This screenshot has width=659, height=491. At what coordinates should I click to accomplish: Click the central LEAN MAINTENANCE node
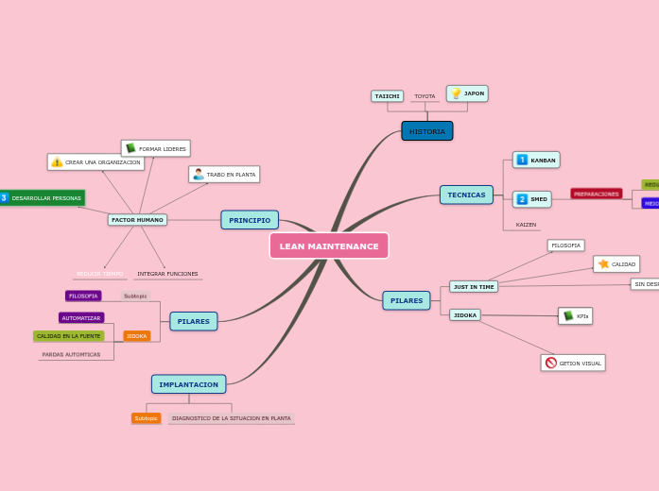tap(329, 245)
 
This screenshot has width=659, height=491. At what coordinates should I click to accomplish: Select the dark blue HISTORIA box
tap(427, 131)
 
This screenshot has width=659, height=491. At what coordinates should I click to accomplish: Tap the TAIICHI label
tap(388, 96)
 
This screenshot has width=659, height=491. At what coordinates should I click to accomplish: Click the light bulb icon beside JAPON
tap(456, 93)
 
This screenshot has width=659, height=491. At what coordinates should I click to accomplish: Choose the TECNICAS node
tap(466, 195)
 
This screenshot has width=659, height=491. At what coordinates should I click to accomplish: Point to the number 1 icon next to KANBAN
tap(522, 161)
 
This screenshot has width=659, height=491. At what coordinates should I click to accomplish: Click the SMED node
tap(532, 199)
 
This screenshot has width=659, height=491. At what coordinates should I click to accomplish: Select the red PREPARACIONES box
tap(596, 194)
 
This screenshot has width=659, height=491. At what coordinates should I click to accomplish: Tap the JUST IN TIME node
tap(473, 286)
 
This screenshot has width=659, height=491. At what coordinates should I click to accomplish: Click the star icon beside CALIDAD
tap(603, 264)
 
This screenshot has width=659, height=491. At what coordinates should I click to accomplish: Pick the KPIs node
tap(576, 316)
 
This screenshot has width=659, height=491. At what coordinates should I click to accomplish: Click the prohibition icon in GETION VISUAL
tap(551, 363)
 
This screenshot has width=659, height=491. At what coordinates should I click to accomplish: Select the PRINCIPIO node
tap(250, 220)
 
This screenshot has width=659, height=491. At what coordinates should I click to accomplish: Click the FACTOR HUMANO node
tap(137, 220)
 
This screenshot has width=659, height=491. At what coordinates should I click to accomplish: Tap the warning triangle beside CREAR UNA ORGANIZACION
tap(57, 162)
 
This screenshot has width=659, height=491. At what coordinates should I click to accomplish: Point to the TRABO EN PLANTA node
tap(224, 175)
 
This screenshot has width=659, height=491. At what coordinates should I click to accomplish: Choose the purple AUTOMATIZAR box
tap(81, 318)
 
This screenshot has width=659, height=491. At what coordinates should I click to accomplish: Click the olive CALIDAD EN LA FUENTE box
tap(69, 336)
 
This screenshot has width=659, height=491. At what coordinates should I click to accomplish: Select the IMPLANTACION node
tap(189, 384)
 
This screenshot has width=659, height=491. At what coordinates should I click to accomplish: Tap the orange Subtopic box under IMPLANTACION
tap(146, 418)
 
